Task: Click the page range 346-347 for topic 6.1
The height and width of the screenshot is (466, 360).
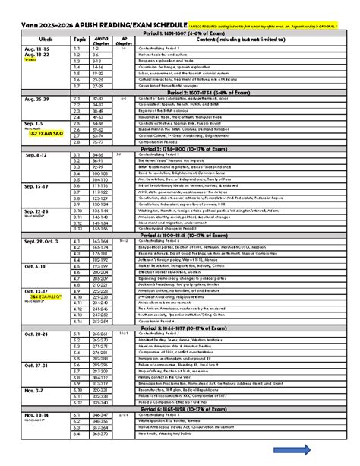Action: [102, 414]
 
